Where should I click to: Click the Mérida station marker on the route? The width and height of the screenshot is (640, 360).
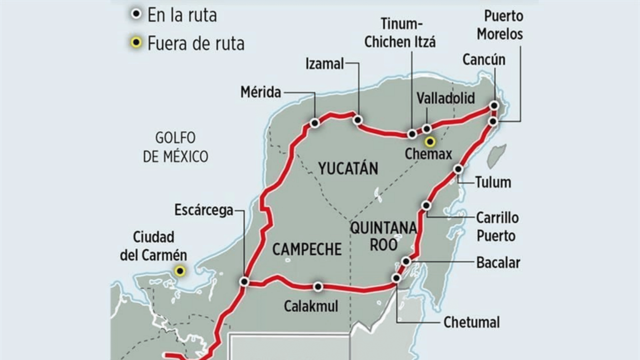point(315,123)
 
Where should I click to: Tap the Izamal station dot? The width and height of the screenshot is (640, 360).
point(357,120)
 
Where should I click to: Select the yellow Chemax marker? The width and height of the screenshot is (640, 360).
point(430,142)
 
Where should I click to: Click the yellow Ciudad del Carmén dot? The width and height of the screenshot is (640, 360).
point(180,271)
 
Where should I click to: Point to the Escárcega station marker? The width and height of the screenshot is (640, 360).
point(245,282)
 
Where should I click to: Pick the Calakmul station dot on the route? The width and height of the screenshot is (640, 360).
point(318,287)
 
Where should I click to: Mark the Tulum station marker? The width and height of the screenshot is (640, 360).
point(458,169)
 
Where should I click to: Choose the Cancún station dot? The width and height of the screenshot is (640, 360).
point(494,106)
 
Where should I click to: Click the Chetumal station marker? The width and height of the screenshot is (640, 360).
point(396,278)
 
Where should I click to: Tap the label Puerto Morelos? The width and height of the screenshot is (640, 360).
point(500,25)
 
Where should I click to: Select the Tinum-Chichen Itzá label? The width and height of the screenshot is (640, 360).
point(400,33)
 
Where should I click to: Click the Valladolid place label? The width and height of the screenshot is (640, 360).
point(445,98)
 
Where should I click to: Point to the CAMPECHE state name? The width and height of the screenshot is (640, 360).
point(307,249)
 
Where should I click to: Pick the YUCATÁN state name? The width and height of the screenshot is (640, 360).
point(348,168)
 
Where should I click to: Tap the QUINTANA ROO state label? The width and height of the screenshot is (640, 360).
point(383,236)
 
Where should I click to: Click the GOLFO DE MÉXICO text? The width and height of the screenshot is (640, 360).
point(175,147)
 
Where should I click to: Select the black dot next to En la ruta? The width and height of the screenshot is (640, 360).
point(136,15)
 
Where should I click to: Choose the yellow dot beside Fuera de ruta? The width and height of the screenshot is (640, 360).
point(136,42)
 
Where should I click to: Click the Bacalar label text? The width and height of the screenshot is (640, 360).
point(498,262)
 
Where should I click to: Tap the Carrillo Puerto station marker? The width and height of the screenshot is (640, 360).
point(426,205)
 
